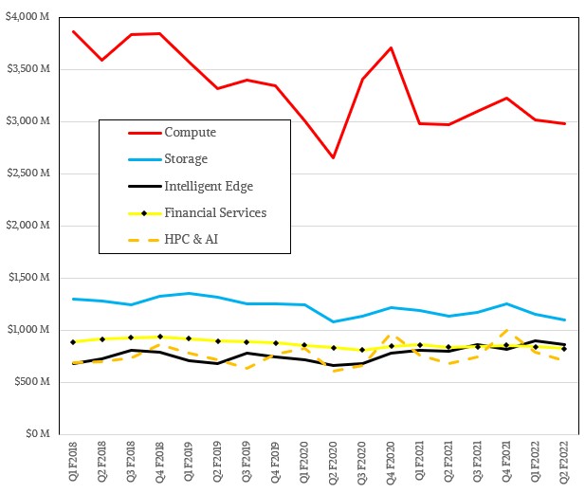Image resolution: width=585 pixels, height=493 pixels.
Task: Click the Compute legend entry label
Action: tap(190, 133)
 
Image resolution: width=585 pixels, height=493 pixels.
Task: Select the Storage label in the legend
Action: tap(186, 159)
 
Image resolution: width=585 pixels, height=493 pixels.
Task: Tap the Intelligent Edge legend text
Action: tap(209, 186)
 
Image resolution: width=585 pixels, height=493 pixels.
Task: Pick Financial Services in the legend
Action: tap(215, 212)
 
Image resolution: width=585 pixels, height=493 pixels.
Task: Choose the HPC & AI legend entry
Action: tap(193, 238)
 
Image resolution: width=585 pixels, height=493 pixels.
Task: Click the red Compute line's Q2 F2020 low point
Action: tap(333, 157)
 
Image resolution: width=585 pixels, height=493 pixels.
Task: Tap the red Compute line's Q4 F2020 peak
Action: tap(391, 47)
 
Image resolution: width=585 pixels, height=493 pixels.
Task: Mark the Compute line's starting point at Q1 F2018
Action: tap(75, 31)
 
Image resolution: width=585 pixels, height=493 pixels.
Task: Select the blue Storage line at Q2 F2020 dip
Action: tap(333, 321)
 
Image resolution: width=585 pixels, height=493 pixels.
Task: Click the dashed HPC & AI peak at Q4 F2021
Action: tap(505, 331)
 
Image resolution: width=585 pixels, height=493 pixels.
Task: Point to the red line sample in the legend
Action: tap(132, 133)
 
